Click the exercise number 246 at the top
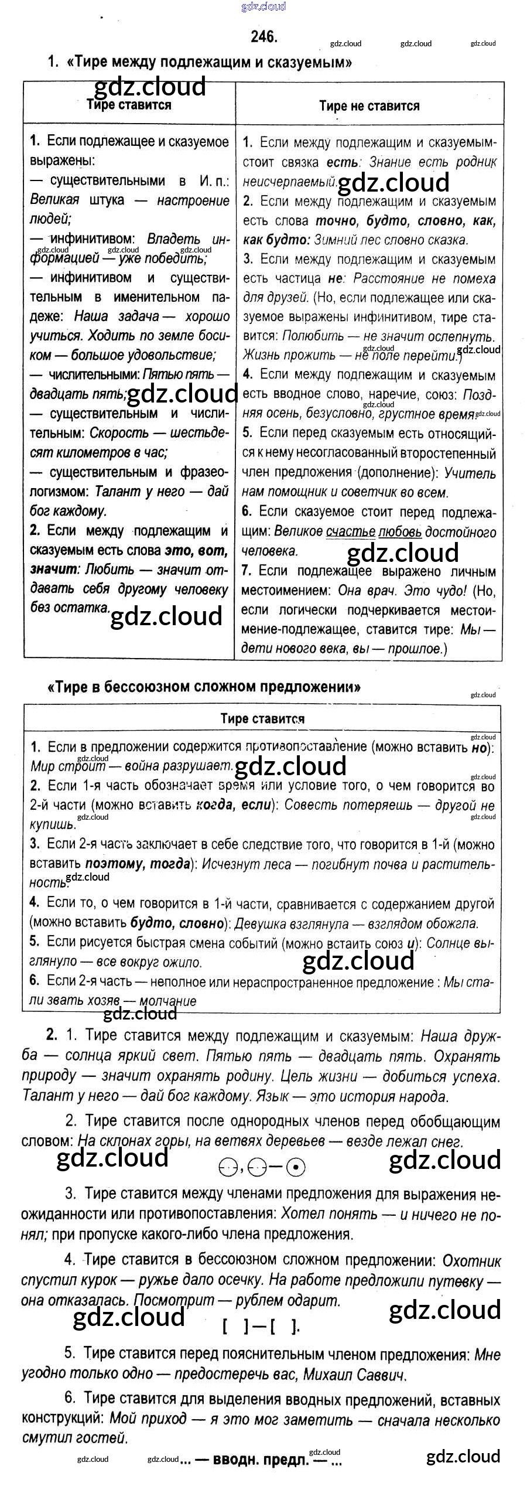coord(263,37)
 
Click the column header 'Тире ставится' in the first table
coord(129,105)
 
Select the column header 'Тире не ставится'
coord(369,106)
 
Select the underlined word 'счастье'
coord(350,532)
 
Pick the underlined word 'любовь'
coord(400,532)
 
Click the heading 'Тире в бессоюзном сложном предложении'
coord(203,687)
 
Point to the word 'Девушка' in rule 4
coord(261,924)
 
